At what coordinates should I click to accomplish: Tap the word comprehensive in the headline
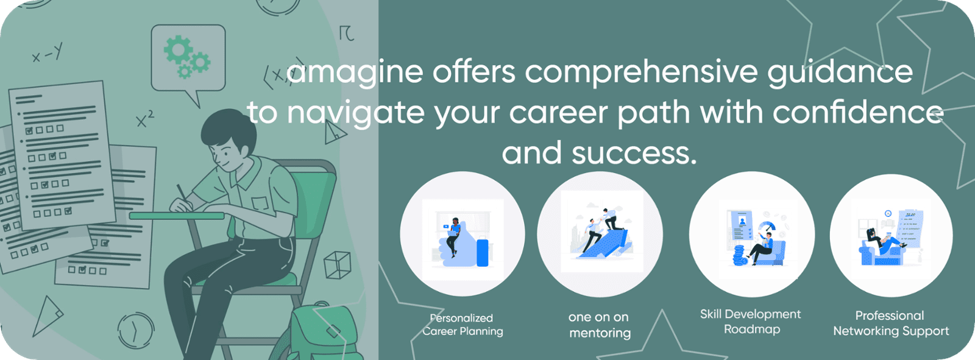[640, 72]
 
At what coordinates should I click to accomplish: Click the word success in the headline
[634, 153]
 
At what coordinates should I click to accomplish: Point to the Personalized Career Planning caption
[463, 325]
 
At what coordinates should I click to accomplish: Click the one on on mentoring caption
[600, 325]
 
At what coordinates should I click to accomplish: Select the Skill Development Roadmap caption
[750, 322]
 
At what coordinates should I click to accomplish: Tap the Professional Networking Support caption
[891, 323]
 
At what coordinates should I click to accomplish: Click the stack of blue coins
[739, 255]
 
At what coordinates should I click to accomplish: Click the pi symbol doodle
[347, 33]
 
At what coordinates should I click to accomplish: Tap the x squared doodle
[144, 118]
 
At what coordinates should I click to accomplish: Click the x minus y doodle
[48, 53]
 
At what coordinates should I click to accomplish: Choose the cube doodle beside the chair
[338, 264]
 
